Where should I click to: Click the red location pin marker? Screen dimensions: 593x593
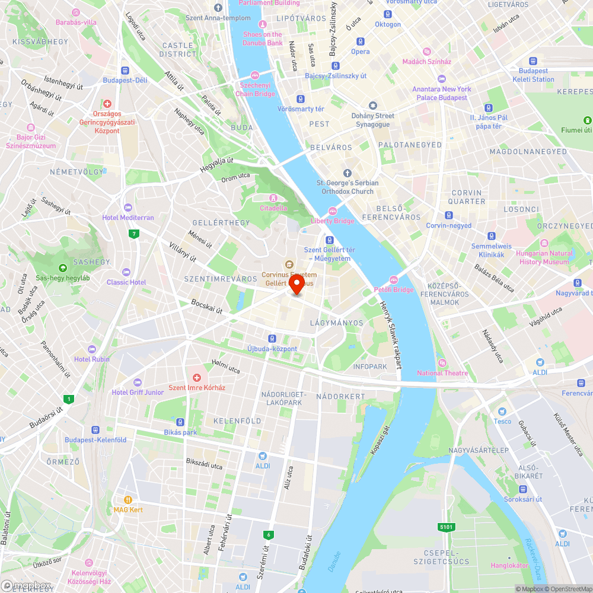pyautogui.click(x=296, y=284)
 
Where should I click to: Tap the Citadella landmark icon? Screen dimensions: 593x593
pyautogui.click(x=273, y=197)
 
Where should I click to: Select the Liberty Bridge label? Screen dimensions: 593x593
pyautogui.click(x=332, y=221)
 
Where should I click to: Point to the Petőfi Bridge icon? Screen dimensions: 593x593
pyautogui.click(x=393, y=280)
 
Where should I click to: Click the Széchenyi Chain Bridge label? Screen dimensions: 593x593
pyautogui.click(x=256, y=90)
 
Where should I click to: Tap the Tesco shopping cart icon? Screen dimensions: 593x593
pyautogui.click(x=502, y=412)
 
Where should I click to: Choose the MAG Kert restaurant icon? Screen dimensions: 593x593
pyautogui.click(x=127, y=500)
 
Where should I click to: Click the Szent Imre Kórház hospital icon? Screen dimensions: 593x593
pyautogui.click(x=197, y=378)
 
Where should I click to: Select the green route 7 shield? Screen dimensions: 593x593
pyautogui.click(x=135, y=234)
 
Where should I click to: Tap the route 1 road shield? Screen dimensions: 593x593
pyautogui.click(x=69, y=399)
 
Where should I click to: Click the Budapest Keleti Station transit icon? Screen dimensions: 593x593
pyautogui.click(x=533, y=61)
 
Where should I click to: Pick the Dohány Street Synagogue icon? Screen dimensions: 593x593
pyautogui.click(x=372, y=106)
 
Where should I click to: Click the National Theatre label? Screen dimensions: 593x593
pyautogui.click(x=442, y=373)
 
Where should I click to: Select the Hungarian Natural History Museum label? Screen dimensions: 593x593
pyautogui.click(x=544, y=257)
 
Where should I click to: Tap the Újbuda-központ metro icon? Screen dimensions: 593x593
pyautogui.click(x=272, y=339)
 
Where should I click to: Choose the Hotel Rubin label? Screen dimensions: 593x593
pyautogui.click(x=92, y=359)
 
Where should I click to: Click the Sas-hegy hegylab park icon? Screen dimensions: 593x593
pyautogui.click(x=63, y=268)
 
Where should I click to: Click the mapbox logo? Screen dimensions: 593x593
pyautogui.click(x=26, y=585)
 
